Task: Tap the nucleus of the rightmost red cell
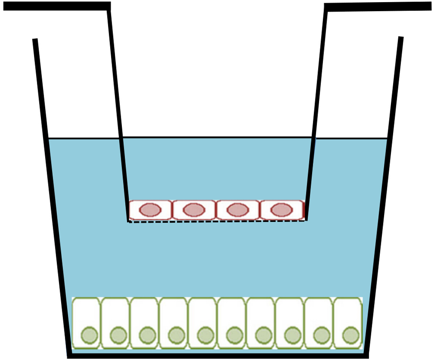(x=281, y=210)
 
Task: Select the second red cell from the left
(x=194, y=210)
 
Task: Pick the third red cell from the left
(x=238, y=210)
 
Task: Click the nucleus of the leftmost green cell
(x=89, y=335)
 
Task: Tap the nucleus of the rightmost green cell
(x=350, y=335)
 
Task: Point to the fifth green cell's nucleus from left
(x=205, y=335)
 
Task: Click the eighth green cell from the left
(x=290, y=318)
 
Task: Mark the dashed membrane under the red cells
(x=217, y=222)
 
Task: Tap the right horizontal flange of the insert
(x=378, y=7)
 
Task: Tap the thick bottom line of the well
(x=217, y=356)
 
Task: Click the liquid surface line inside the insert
(x=217, y=137)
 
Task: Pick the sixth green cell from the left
(x=231, y=318)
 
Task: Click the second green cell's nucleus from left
(x=118, y=335)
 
